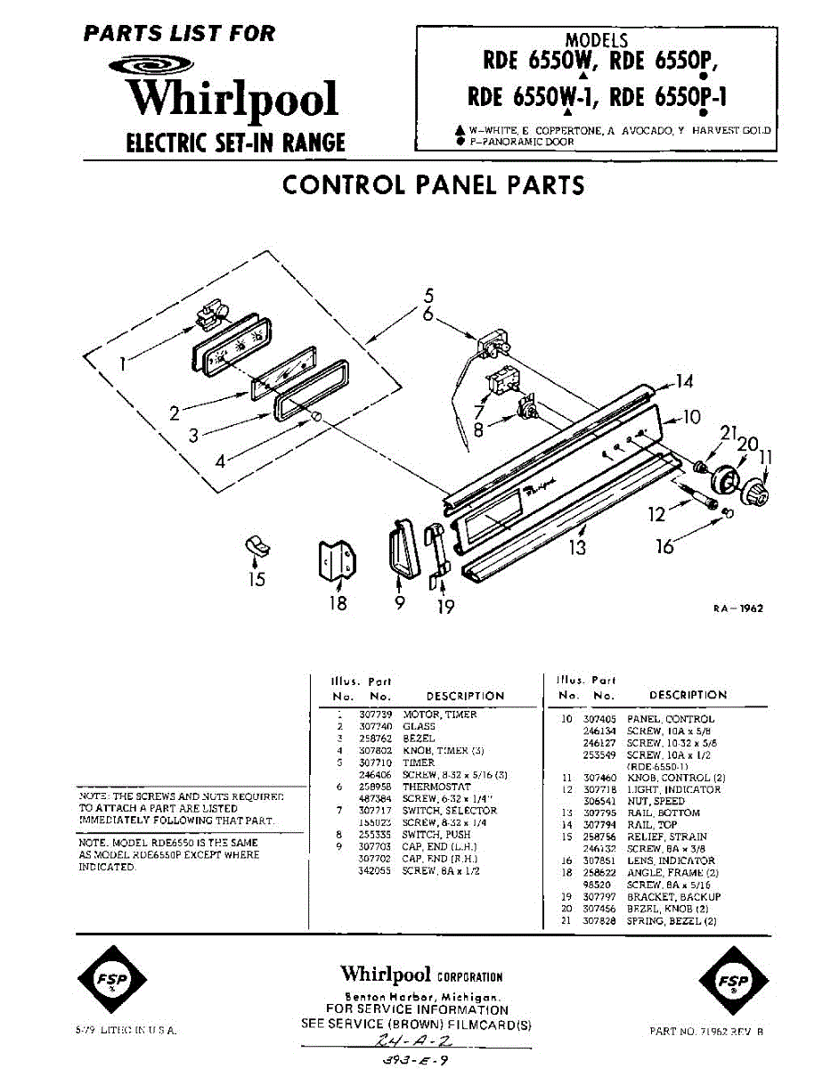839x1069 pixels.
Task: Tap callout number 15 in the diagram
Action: pos(257,580)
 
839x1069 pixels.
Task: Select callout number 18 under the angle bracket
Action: pos(338,603)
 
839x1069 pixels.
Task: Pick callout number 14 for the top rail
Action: pos(683,382)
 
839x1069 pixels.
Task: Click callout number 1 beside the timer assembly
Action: pos(123,363)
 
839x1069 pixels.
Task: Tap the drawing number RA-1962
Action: pos(738,609)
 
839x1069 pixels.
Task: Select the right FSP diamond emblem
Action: pos(732,982)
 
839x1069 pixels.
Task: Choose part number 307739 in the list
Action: pos(375,714)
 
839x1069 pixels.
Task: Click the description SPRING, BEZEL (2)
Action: pos(672,921)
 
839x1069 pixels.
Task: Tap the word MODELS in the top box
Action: pos(597,41)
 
